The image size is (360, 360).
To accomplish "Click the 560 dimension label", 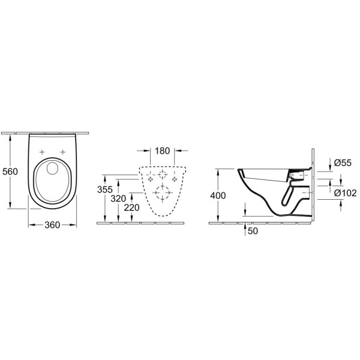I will [x=10, y=172].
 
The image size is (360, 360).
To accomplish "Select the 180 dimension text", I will [x=161, y=151].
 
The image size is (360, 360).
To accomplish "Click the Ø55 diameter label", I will [x=341, y=162].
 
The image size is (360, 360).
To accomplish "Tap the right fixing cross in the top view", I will [x=63, y=151].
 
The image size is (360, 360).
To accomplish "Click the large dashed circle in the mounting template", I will [x=161, y=193].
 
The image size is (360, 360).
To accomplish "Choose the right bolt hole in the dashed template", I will [x=175, y=179].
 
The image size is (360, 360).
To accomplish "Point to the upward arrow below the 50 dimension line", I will [x=245, y=227].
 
